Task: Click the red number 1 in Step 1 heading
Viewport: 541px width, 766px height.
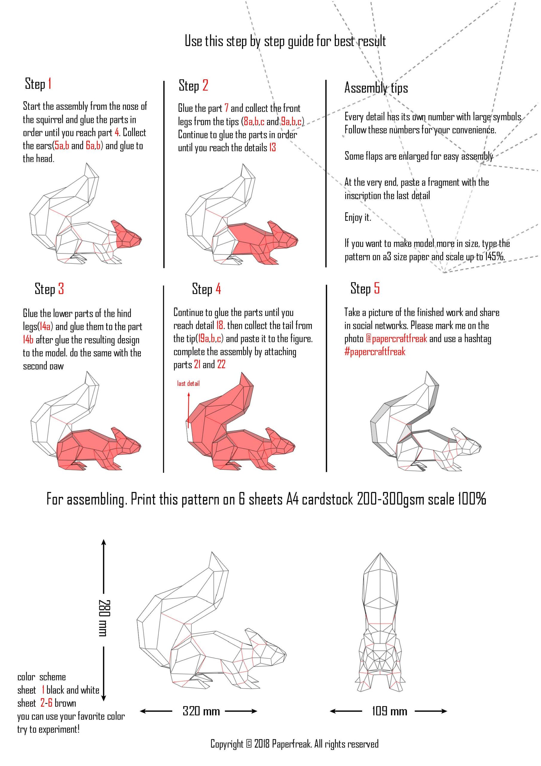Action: pos(50,84)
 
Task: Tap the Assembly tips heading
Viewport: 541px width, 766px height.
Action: pos(376,88)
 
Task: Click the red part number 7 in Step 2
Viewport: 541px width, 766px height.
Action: pos(226,108)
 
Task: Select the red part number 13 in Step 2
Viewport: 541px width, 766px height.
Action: pos(272,148)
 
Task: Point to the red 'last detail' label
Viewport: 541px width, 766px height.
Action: pos(188,383)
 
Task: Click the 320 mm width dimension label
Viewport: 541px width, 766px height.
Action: pos(201,711)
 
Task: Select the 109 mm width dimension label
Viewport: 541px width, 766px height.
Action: pos(389,711)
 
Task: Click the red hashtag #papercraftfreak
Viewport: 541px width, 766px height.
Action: pos(375,352)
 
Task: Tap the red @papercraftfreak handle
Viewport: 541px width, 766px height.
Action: pos(396,339)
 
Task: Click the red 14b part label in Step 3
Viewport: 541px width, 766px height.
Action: pos(28,340)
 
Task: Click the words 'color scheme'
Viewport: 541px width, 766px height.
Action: pos(41,677)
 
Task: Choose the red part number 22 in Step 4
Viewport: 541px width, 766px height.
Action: pos(221,365)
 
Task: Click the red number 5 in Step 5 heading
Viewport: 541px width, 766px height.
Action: pos(376,288)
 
